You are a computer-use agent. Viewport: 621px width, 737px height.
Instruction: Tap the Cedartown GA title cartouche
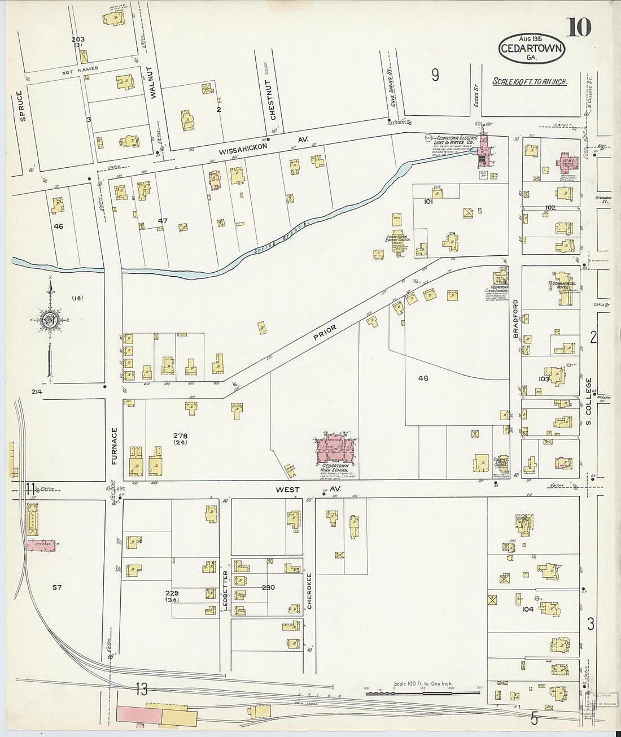(x=531, y=48)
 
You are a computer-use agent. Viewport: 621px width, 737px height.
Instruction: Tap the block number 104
(x=528, y=609)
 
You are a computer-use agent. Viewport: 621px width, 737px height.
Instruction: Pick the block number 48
(x=423, y=378)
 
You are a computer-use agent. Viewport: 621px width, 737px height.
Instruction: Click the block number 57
(x=56, y=587)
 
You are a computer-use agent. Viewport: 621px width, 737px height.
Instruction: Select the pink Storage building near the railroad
(x=43, y=545)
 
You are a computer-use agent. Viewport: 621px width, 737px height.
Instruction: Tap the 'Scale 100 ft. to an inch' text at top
(x=530, y=81)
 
